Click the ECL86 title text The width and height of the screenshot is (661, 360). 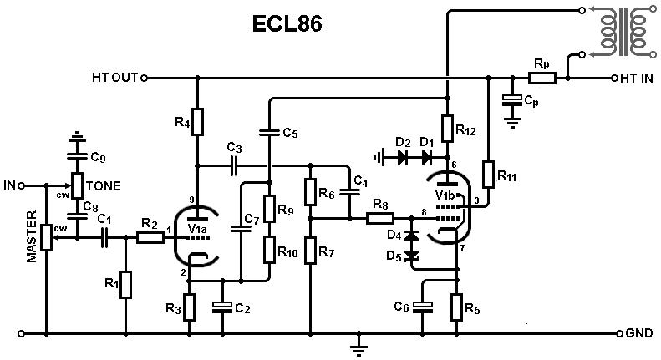[x=287, y=24]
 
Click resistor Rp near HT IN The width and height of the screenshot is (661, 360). [x=542, y=79]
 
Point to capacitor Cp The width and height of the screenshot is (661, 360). [x=511, y=100]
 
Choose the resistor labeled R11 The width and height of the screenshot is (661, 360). [x=487, y=175]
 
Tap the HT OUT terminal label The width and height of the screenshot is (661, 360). [x=114, y=79]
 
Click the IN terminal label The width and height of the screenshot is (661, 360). [x=10, y=185]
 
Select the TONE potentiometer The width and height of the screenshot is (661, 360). [x=76, y=185]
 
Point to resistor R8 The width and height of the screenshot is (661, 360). [x=380, y=218]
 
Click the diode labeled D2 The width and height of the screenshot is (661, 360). [x=404, y=155]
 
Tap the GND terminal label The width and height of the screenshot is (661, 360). [x=640, y=332]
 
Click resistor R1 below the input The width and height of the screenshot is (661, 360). [x=125, y=284]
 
